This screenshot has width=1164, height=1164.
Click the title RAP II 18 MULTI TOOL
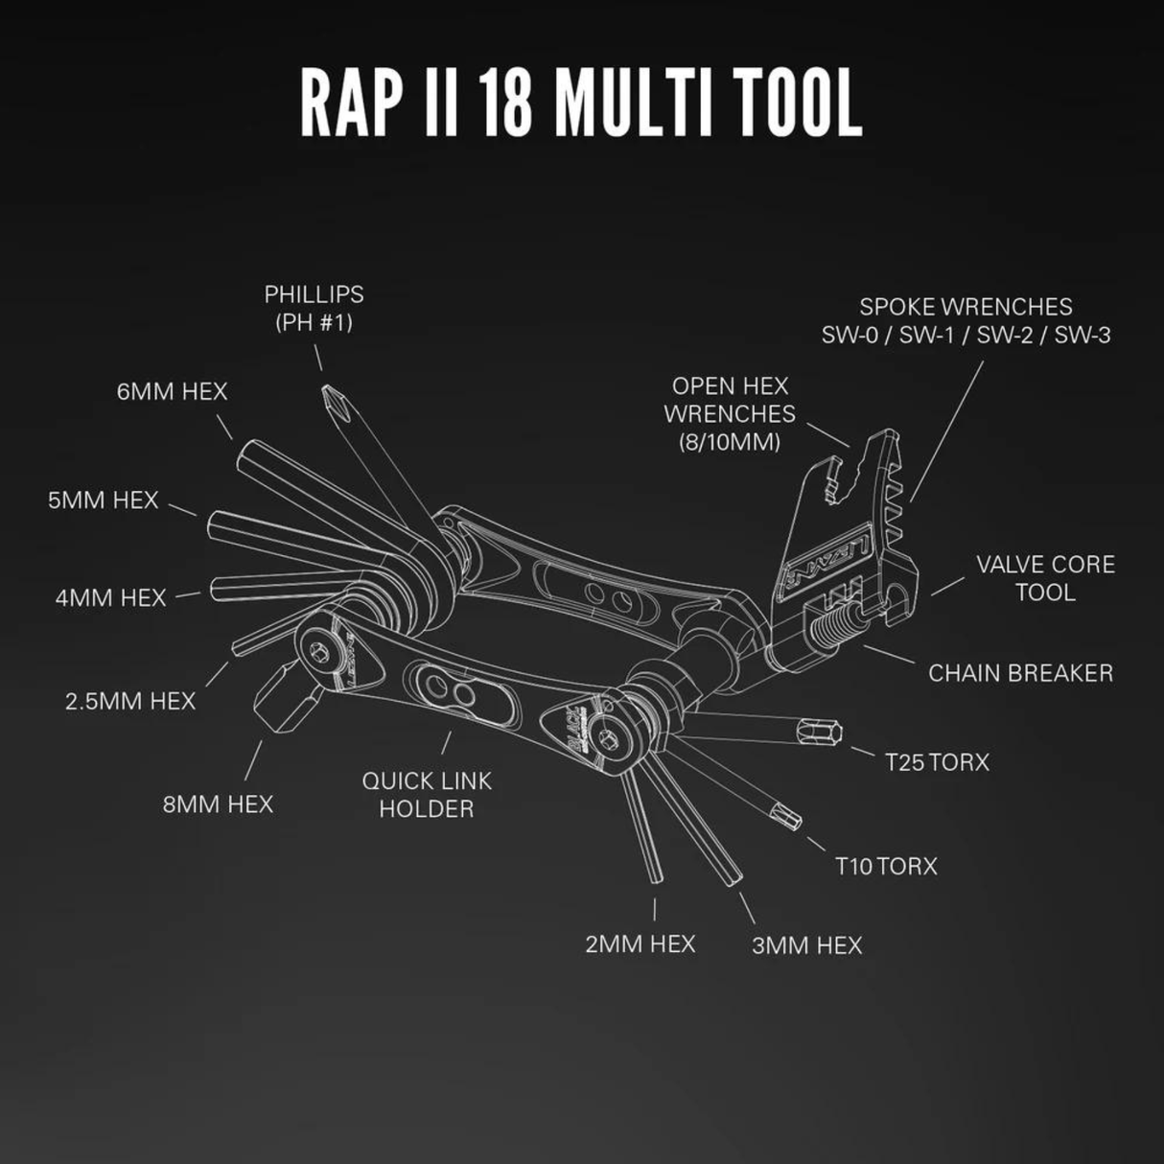click(581, 103)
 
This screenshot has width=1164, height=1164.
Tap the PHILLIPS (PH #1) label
click(314, 308)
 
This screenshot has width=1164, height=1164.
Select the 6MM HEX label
click(173, 391)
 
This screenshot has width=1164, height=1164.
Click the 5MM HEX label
click(103, 500)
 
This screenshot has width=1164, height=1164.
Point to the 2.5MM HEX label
click(130, 701)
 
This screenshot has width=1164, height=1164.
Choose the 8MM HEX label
click(218, 803)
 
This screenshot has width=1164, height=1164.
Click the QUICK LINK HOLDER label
click(427, 794)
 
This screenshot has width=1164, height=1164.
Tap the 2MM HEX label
click(640, 943)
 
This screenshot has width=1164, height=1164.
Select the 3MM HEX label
click(806, 945)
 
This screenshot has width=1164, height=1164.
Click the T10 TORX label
click(886, 866)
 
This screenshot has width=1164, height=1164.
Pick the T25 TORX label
click(937, 762)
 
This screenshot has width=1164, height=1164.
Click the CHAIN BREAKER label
click(1020, 672)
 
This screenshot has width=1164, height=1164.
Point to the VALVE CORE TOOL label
click(1045, 577)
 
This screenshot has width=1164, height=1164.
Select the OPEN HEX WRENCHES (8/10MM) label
click(730, 413)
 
